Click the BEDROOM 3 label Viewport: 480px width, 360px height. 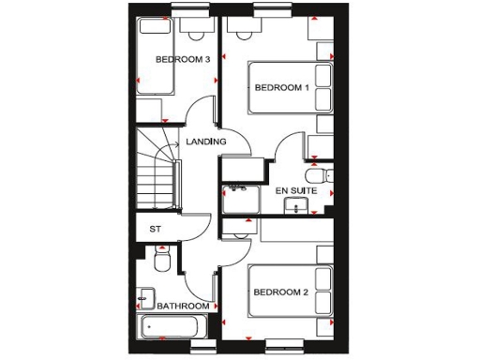pos(182,59)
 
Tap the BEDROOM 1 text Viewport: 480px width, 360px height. pos(282,88)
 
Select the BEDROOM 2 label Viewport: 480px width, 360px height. pos(281,292)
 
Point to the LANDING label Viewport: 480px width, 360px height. pos(206,142)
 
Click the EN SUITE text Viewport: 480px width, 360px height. pos(295,191)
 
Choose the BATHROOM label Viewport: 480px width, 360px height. pos(183,307)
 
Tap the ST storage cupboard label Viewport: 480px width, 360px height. pos(156,229)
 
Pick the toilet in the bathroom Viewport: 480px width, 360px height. pos(159,260)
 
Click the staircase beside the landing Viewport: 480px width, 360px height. pos(157,169)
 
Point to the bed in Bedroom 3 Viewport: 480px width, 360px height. pos(156,56)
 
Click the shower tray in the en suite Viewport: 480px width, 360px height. pos(242,198)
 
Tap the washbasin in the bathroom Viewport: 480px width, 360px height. pos(144,300)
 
